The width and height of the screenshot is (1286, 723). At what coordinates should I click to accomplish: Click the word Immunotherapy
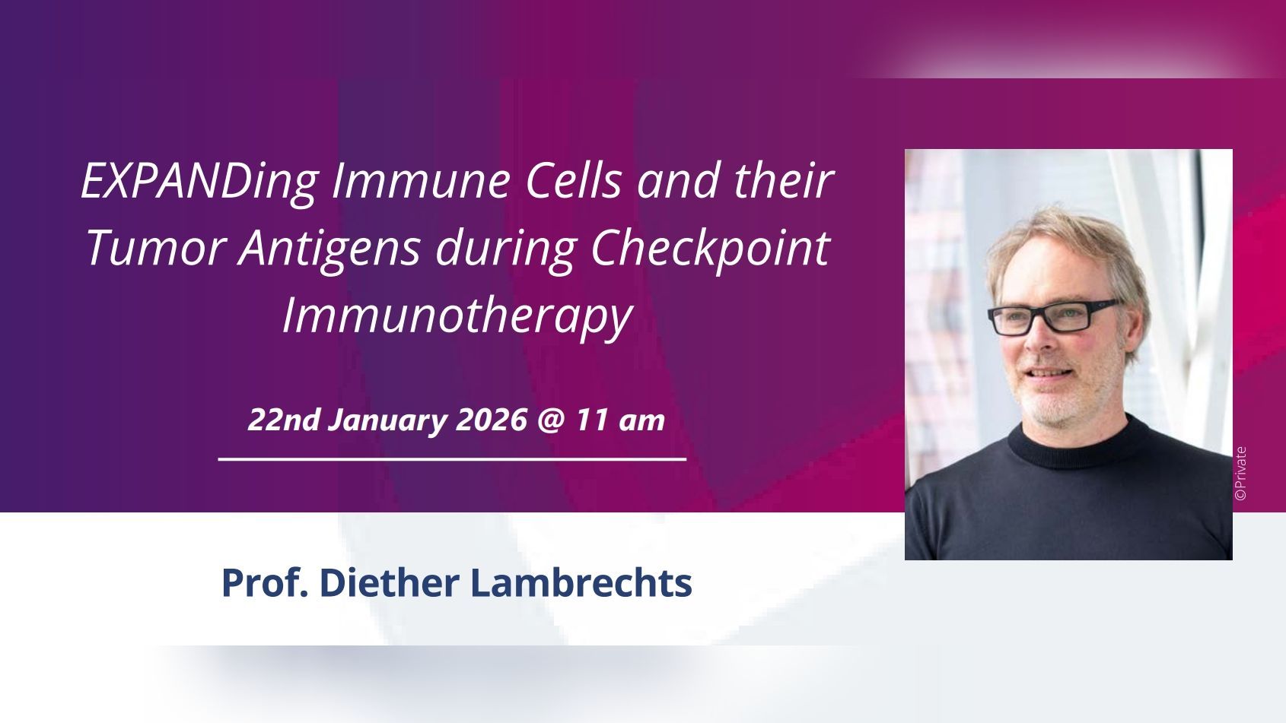(x=457, y=318)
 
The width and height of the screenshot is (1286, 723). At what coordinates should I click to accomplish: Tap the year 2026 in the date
(x=491, y=420)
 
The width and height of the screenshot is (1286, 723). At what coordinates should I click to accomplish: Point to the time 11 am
(x=620, y=420)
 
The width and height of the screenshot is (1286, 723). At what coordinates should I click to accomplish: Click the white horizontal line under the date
(x=453, y=459)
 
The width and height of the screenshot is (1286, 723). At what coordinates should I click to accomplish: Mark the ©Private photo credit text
(x=1240, y=474)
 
